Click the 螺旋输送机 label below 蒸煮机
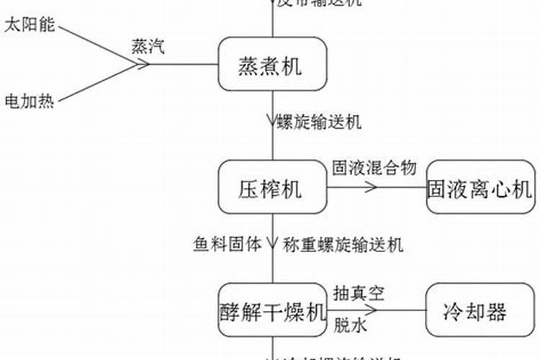319,122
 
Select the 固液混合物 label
374,168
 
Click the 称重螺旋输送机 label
343,243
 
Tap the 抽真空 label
359,293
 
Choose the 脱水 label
348,325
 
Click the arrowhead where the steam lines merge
144,65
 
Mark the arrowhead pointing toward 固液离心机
372,189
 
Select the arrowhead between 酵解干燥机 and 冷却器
372,311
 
